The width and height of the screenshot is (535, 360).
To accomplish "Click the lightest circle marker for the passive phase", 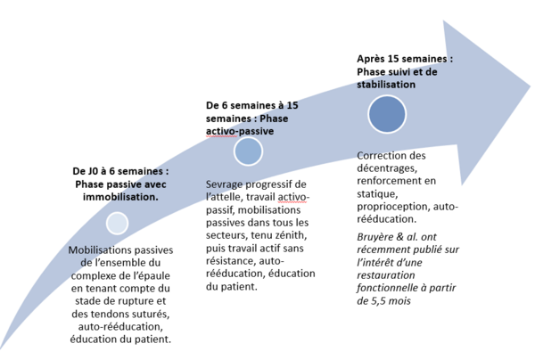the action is tap(117, 224).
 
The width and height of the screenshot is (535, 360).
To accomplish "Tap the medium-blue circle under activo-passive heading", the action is tap(248, 151).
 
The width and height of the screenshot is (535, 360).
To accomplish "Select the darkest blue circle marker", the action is tap(387, 114).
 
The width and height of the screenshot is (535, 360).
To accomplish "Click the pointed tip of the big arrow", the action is tap(531, 86).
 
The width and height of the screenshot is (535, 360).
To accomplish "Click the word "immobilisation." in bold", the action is tap(120, 197).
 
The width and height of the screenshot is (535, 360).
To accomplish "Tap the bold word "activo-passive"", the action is tap(240, 131).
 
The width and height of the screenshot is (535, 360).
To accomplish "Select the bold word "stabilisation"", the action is tap(386, 85).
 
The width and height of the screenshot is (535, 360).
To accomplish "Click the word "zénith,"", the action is tap(290, 235).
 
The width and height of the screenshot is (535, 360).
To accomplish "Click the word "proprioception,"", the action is tap(394, 207).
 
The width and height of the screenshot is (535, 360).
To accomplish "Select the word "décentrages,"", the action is tap(387, 168).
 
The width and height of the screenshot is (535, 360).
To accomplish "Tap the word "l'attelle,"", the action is tap(225, 198).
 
